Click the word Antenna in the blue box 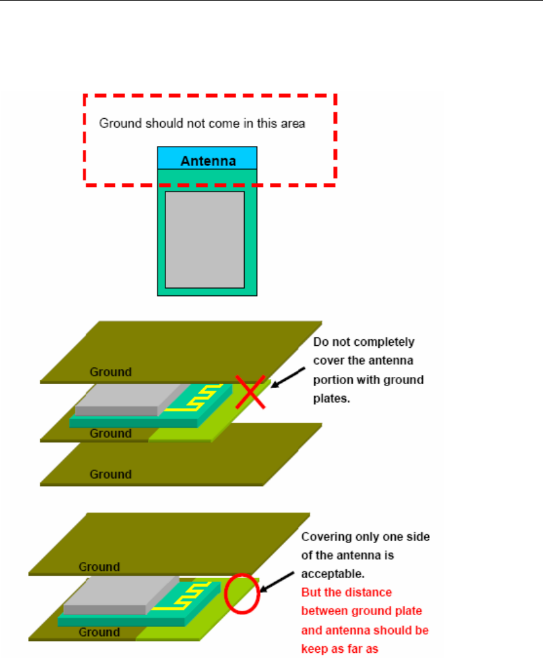coord(208,160)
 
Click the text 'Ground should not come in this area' coord(202,123)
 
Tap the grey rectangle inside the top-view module coord(204,239)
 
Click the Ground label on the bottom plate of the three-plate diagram coord(110,474)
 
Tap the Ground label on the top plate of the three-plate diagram coord(110,372)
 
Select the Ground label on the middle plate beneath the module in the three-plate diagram coord(110,433)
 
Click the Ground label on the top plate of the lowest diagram coord(99,567)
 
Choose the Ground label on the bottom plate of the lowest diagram coord(99,632)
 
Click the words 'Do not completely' coord(364,341)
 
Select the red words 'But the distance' coord(346,592)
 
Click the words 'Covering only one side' coord(366,537)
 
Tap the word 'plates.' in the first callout coord(332,398)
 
